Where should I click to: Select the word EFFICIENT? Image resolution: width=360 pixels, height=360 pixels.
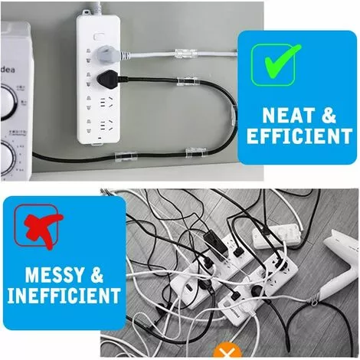pos(295,136)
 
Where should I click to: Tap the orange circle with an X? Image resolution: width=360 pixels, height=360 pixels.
pos(223,352)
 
